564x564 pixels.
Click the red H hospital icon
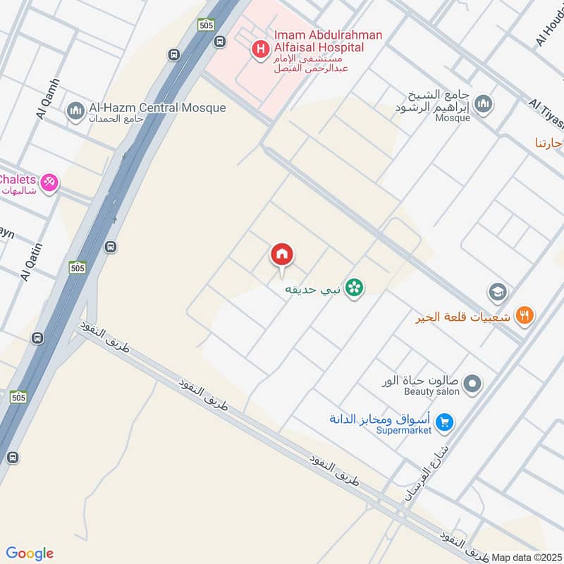click(261, 49)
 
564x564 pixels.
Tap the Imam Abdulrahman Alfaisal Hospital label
click(329, 42)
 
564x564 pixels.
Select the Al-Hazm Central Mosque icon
click(75, 111)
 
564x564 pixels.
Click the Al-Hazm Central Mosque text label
click(157, 108)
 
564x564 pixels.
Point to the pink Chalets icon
click(49, 183)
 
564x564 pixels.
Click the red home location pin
click(282, 255)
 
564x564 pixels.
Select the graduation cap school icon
click(498, 291)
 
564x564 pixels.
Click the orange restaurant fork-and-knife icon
click(524, 315)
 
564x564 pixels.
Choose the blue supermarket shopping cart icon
click(444, 422)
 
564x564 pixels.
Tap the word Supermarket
click(403, 431)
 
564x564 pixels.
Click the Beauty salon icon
click(473, 384)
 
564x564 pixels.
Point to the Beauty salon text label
click(431, 391)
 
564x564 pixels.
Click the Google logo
click(30, 553)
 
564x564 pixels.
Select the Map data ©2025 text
click(526, 558)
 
